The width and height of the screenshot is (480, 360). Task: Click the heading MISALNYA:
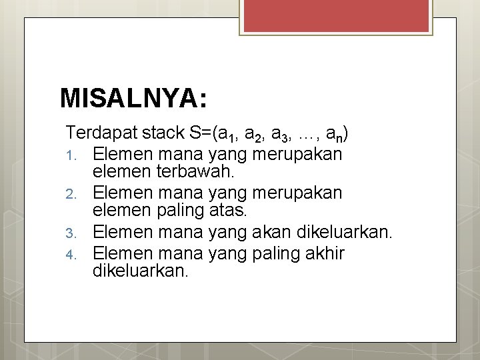pyautogui.click(x=133, y=98)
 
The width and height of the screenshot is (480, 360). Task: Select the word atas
pyautogui.click(x=227, y=212)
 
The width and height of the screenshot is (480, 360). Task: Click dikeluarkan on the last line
pyautogui.click(x=141, y=271)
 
